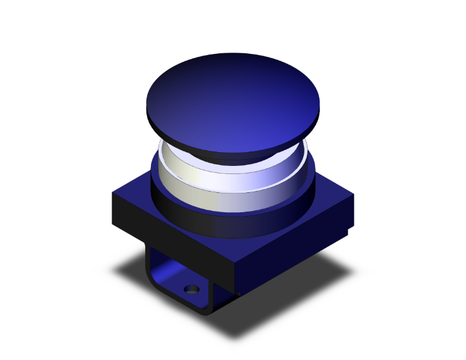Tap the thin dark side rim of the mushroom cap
(188, 139)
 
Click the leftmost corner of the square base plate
(112, 195)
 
